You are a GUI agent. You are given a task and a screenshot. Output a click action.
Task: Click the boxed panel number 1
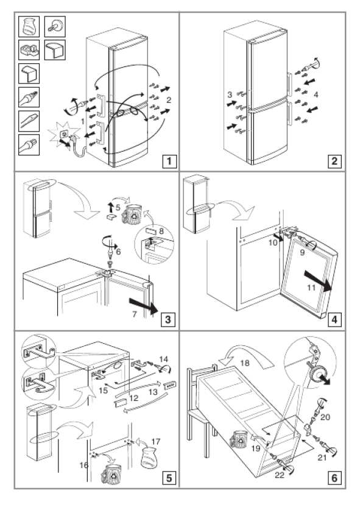[169, 161]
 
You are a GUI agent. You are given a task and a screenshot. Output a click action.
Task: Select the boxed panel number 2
[334, 161]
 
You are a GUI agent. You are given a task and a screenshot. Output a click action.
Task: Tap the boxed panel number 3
[168, 319]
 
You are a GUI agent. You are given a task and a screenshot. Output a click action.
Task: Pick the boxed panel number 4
[334, 319]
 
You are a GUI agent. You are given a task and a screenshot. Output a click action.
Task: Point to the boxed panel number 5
[169, 478]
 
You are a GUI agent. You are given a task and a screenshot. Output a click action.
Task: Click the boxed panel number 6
[334, 478]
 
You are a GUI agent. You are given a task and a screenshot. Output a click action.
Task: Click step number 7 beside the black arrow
[135, 314]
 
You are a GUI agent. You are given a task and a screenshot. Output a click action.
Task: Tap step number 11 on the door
[311, 288]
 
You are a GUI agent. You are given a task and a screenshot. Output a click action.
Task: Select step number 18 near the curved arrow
[245, 363]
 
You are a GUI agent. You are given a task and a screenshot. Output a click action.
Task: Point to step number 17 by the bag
[156, 441]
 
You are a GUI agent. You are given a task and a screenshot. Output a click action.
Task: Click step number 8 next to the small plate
[161, 232]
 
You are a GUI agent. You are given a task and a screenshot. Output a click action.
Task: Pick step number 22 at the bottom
[280, 475]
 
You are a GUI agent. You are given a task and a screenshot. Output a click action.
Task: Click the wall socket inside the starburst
[64, 134]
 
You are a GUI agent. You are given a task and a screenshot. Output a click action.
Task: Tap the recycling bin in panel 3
[132, 214]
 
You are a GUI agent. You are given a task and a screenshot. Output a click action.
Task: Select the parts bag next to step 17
[149, 458]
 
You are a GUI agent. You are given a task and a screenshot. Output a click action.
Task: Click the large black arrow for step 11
[318, 281]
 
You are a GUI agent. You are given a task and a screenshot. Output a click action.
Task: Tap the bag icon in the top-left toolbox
[29, 27]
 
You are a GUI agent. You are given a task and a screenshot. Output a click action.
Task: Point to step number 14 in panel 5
[164, 359]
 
